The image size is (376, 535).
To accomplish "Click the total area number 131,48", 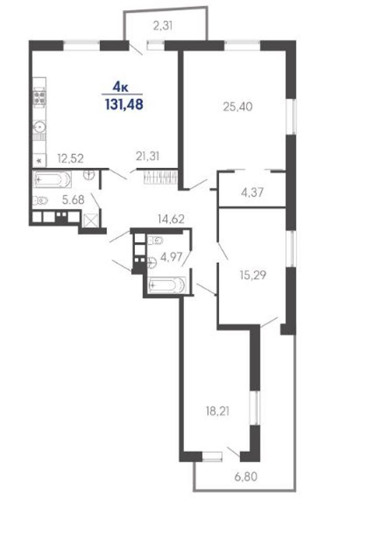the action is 124,104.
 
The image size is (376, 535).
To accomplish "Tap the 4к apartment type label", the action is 121,87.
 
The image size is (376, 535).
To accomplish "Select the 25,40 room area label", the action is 238,107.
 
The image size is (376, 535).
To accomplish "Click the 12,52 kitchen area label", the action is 71,158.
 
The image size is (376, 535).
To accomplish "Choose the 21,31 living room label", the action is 147,156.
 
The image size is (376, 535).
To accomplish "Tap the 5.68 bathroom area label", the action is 73,200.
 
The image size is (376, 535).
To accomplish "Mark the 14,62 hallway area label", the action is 171,219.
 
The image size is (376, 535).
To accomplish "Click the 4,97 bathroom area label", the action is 171,257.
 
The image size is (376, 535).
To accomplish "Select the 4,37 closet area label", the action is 252,192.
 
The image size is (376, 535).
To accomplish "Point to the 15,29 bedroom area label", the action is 253,275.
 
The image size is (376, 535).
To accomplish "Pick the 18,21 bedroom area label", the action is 217,411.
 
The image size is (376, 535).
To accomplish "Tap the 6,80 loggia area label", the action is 246,476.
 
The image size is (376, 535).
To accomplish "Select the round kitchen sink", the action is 39,127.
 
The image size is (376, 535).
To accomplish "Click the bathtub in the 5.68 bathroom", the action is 52,179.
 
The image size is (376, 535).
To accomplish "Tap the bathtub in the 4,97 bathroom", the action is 167,284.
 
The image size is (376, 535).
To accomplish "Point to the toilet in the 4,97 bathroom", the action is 155,240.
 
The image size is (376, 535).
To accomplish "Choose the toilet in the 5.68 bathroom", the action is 40,201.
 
